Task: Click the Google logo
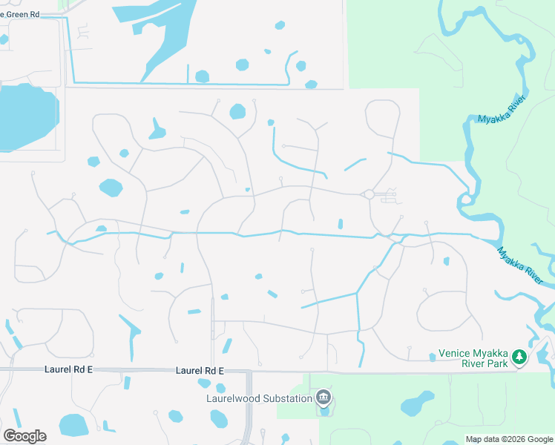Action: [x=24, y=436]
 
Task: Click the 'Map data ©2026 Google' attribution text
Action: [x=508, y=439]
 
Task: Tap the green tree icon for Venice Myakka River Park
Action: [x=520, y=357]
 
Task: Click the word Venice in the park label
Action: [x=455, y=354]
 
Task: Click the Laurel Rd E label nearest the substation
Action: [x=200, y=370]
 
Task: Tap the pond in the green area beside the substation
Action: [x=417, y=406]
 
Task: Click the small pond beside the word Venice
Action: [x=432, y=357]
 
